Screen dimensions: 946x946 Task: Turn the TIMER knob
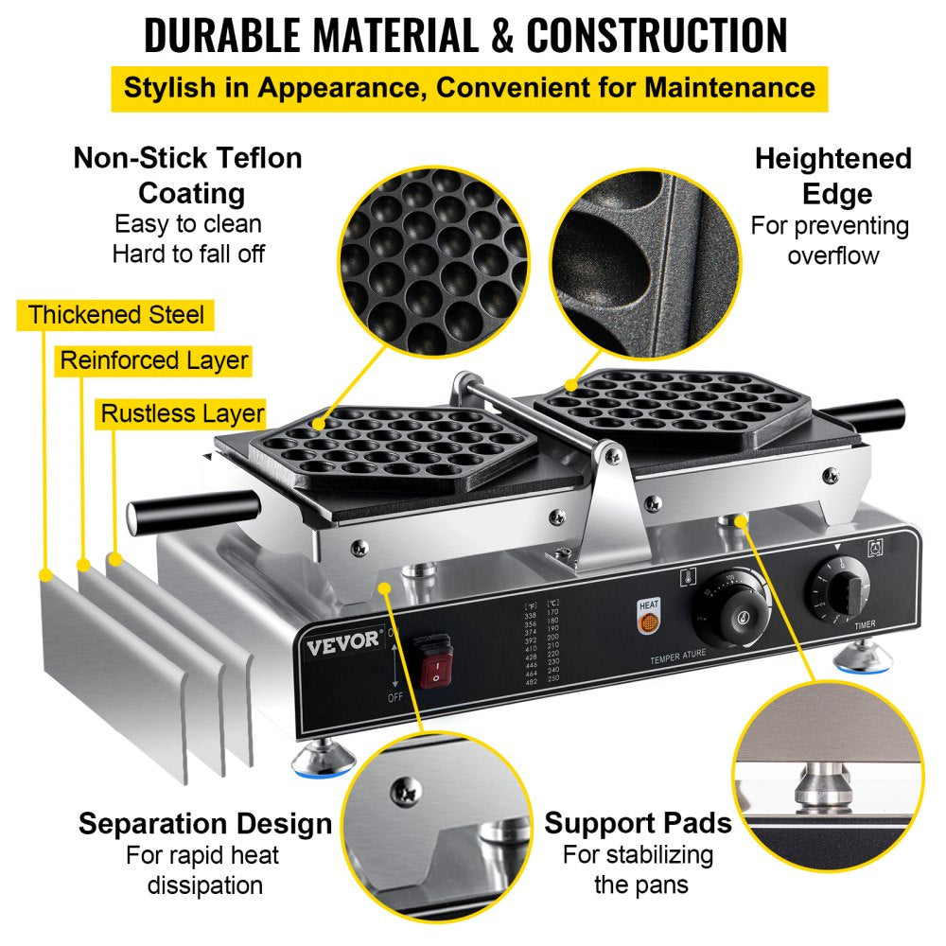click(x=834, y=590)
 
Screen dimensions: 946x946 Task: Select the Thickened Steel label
click(x=115, y=315)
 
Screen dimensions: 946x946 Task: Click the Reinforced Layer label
click(x=153, y=360)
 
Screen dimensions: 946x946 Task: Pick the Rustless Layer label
click(x=183, y=413)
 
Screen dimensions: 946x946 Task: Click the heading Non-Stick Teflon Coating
click(x=187, y=175)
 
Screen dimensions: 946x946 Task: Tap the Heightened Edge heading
click(x=832, y=176)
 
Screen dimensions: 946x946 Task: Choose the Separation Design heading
click(x=205, y=823)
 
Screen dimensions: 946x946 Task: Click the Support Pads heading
click(x=638, y=823)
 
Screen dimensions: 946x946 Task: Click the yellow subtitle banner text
click(x=468, y=88)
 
